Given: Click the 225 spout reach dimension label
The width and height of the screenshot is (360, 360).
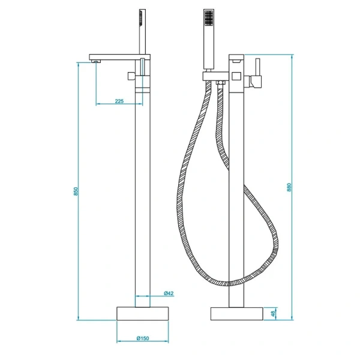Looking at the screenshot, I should click(119, 101).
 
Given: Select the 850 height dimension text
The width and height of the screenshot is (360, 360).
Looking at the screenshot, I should click(75, 191).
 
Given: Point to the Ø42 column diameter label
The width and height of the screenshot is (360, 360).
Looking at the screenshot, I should click(169, 293).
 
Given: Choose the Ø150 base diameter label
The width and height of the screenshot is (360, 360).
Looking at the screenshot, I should click(142, 339).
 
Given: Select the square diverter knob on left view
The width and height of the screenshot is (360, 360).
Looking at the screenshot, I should click(131, 76).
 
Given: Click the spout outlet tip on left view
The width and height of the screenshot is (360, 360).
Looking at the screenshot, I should click(95, 61).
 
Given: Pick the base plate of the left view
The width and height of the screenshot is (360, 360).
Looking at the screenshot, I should click(142, 314).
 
